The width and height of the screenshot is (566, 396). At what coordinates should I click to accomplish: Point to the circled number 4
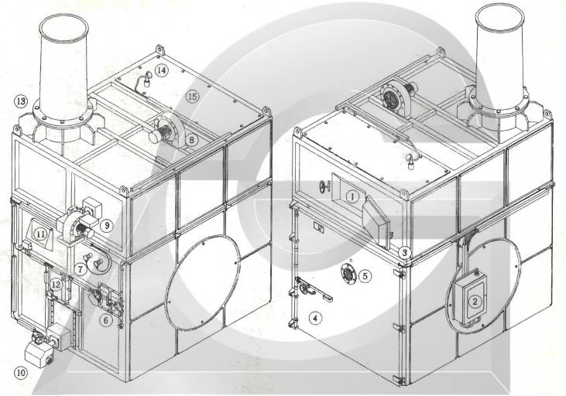[x=314, y=317]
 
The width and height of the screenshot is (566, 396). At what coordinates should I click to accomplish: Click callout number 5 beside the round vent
[x=367, y=274]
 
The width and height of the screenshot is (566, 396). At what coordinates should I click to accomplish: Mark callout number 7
[x=81, y=269]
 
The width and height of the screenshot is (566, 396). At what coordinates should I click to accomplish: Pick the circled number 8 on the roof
[x=190, y=139]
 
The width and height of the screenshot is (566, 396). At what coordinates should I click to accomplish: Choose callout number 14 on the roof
[x=161, y=70]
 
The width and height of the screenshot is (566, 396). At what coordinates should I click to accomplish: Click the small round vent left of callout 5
[x=347, y=274]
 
